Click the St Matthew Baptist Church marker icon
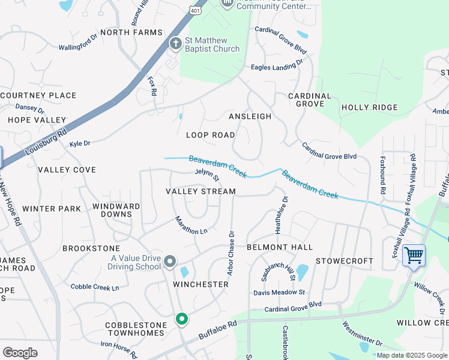click(175, 43)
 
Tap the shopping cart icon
click(414, 255)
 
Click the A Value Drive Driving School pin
click(170, 261)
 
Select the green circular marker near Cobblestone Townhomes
click(181, 319)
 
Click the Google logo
click(20, 353)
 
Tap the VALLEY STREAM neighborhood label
click(200, 191)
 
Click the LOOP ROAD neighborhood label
click(210, 135)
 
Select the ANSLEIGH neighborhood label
click(250, 116)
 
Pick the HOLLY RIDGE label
click(369, 107)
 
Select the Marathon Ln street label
click(191, 224)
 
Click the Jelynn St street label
click(208, 175)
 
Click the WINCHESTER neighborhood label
click(201, 284)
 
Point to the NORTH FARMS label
click(131, 32)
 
